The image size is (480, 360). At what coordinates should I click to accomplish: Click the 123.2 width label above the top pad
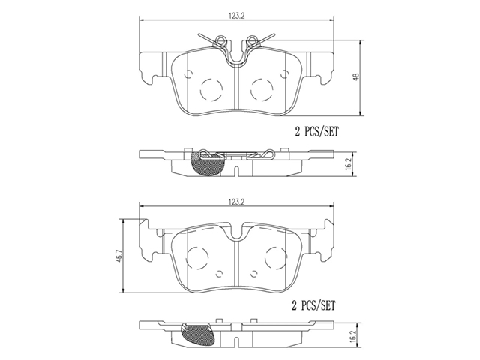(237, 16)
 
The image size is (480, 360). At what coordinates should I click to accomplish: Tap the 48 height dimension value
(355, 76)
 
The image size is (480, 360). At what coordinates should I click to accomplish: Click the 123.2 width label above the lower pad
(237, 202)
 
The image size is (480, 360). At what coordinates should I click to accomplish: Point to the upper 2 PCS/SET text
(317, 132)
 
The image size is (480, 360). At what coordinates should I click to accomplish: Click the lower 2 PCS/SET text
(313, 305)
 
